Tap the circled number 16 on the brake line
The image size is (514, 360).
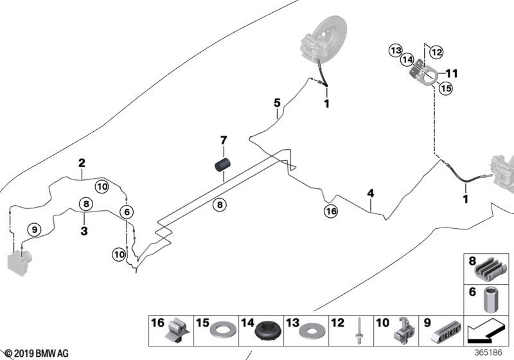pyautogui.click(x=331, y=210)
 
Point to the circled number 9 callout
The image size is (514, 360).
pyautogui.click(x=33, y=228)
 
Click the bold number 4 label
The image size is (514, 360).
pyautogui.click(x=370, y=192)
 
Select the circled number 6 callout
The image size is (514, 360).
pyautogui.click(x=127, y=212)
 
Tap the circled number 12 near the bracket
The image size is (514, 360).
pyautogui.click(x=436, y=51)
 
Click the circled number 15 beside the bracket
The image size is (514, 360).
pyautogui.click(x=445, y=89)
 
